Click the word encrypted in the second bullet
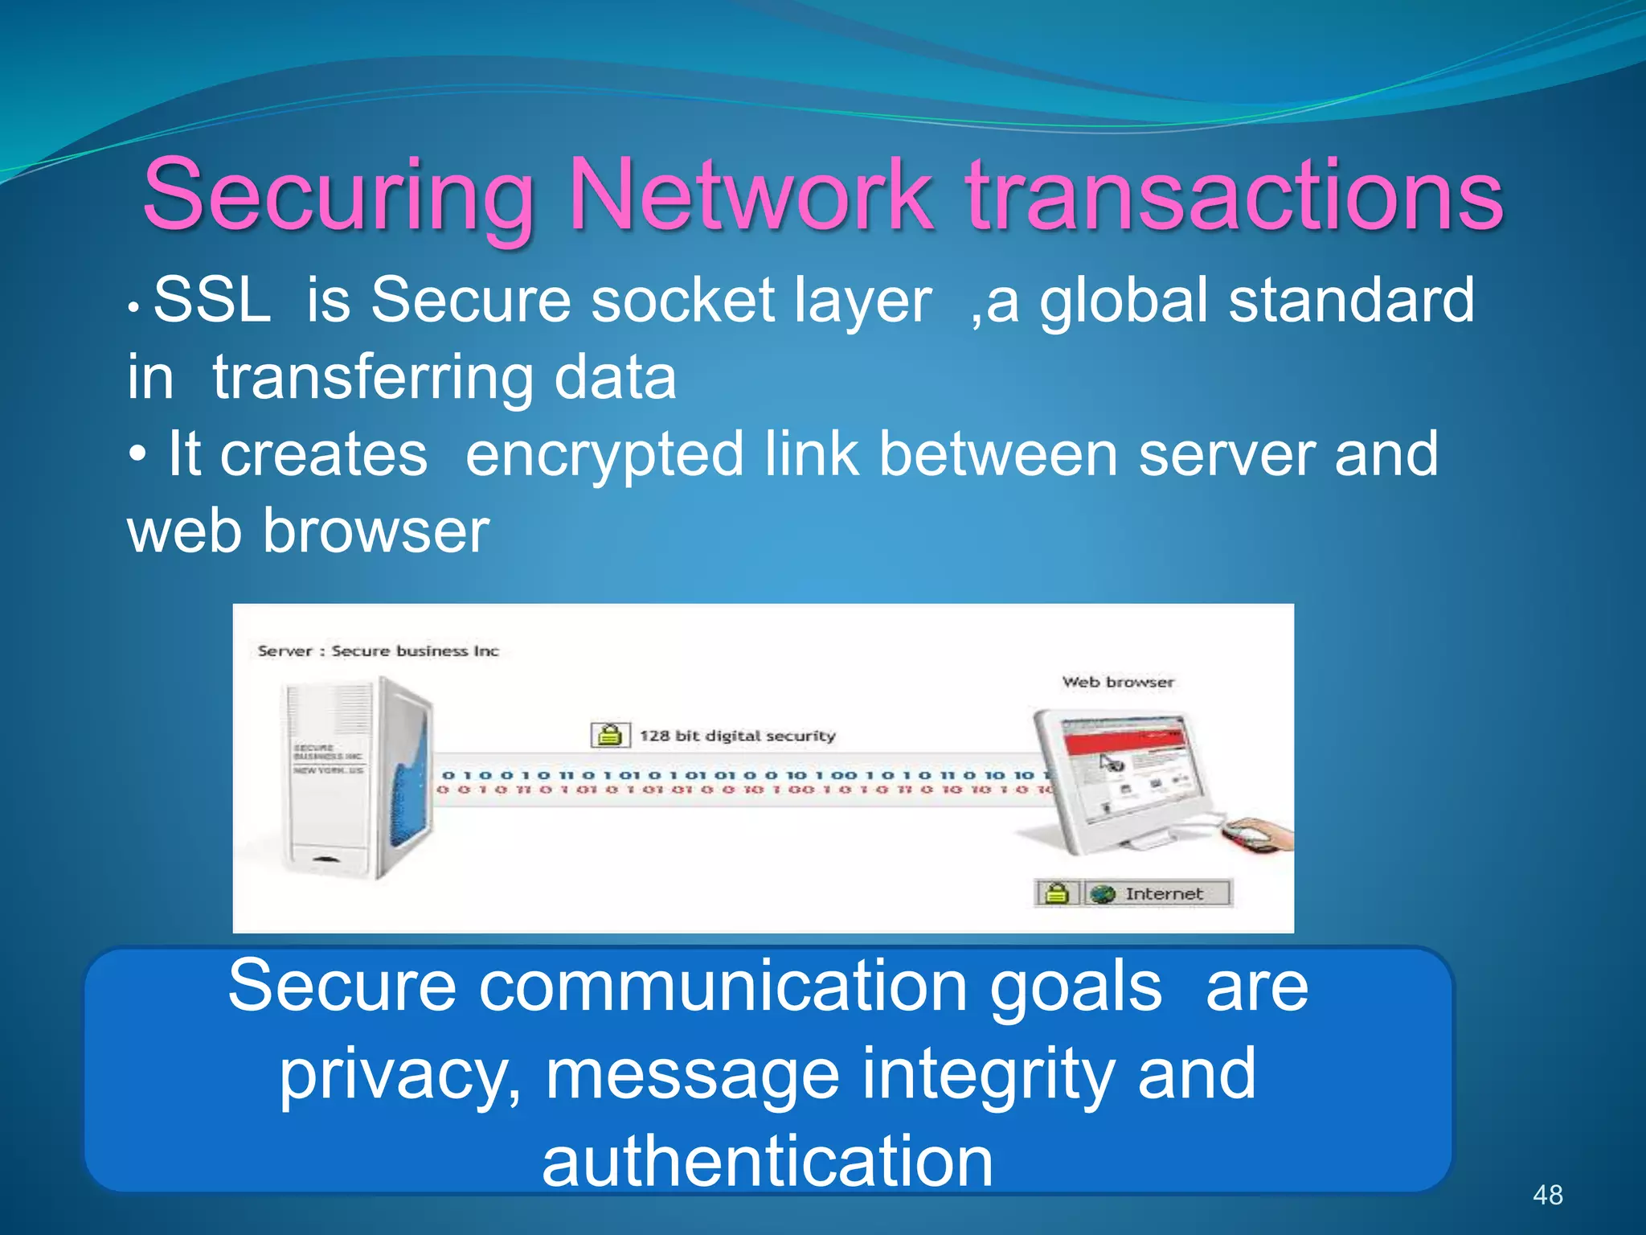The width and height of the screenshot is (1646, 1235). pyautogui.click(x=604, y=455)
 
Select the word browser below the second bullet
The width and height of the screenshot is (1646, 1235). pyautogui.click(x=376, y=531)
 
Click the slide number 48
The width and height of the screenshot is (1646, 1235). pyautogui.click(x=1547, y=1195)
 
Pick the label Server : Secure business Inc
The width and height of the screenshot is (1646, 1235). pyautogui.click(x=378, y=650)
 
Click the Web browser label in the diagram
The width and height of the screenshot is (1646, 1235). pyautogui.click(x=1117, y=682)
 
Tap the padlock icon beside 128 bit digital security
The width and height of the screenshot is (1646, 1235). pyautogui.click(x=610, y=735)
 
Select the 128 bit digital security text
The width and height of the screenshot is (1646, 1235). pyautogui.click(x=737, y=735)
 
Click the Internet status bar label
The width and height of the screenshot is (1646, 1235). pyautogui.click(x=1163, y=893)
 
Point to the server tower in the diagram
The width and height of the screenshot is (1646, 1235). pyautogui.click(x=354, y=776)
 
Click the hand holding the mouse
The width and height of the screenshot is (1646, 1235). pyautogui.click(x=1258, y=834)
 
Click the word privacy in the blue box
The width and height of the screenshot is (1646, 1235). pyautogui.click(x=399, y=1075)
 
